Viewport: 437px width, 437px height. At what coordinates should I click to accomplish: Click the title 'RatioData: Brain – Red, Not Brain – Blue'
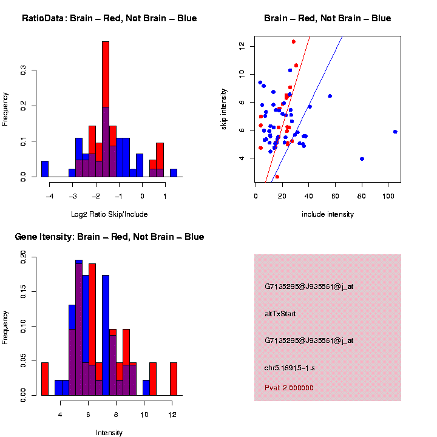[x=109, y=18]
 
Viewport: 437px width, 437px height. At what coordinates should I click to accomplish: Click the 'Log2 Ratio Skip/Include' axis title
[x=109, y=214]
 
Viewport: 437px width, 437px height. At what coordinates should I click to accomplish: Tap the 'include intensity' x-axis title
[x=328, y=214]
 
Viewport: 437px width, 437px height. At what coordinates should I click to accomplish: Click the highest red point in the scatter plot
[x=294, y=42]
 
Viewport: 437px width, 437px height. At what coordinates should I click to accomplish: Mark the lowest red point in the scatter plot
[x=277, y=177]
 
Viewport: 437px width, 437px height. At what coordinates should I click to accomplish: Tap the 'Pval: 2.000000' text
[x=289, y=388]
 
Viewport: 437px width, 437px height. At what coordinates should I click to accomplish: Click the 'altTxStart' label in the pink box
[x=280, y=314]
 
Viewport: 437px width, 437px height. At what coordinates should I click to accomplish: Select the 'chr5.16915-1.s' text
[x=290, y=368]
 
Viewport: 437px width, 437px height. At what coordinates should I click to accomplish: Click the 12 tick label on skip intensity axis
[x=242, y=46]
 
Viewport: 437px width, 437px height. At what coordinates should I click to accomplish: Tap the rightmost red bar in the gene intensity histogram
[x=174, y=379]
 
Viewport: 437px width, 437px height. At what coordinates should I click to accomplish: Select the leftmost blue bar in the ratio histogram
[x=44, y=169]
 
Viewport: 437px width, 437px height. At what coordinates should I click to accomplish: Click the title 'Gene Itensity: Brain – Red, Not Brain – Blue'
[x=109, y=237]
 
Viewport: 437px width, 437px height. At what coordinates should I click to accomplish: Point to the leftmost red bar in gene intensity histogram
[x=44, y=379]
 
